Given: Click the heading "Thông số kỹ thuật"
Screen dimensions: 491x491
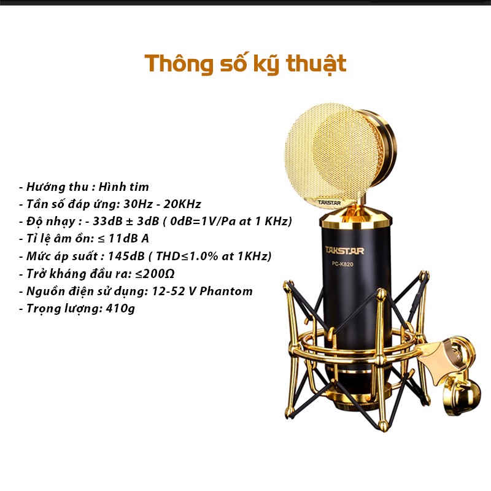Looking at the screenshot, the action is coord(245,64).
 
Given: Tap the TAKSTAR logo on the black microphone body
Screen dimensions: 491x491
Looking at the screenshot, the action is coord(344,251).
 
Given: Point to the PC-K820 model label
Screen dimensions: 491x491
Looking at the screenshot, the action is coord(342,265).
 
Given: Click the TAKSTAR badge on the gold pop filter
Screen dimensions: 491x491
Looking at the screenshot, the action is coord(329,203).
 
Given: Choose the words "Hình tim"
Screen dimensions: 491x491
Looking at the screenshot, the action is coord(124,187).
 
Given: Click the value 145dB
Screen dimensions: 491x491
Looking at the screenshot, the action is coord(126,256).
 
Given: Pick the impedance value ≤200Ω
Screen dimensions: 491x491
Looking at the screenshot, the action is coord(155,274).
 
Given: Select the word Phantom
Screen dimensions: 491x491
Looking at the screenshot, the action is coord(226,291).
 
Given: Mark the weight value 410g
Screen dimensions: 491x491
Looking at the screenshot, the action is coord(120,309).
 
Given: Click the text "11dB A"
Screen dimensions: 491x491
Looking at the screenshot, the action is coord(128,239).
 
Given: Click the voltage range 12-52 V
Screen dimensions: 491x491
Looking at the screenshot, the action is coord(174,291).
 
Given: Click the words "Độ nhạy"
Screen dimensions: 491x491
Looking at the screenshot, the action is coord(51,222).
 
